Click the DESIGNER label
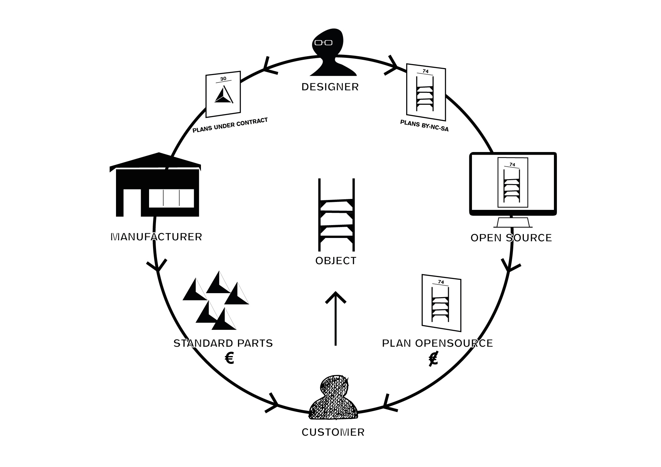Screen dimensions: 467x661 point(330,87)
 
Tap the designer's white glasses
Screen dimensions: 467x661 point(323,43)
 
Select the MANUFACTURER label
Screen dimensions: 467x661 point(156,237)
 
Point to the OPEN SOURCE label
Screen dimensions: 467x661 point(511,238)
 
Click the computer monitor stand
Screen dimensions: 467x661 point(513,222)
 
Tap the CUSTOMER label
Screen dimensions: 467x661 point(333,432)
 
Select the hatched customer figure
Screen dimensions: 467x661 point(333,398)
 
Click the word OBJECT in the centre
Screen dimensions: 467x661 point(336,261)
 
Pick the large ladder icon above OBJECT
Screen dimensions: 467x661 point(336,215)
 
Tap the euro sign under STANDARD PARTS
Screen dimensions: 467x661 point(229,358)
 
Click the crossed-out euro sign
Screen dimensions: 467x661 point(433,359)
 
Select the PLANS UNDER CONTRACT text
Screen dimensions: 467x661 point(230,125)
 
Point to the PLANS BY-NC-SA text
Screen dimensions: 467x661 point(424,126)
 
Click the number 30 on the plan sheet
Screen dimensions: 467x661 point(223,79)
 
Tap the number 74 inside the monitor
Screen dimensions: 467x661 point(512,165)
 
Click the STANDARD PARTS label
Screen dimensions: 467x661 point(223,343)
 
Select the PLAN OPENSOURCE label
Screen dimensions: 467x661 point(437,343)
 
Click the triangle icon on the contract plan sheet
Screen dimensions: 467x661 point(224,95)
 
